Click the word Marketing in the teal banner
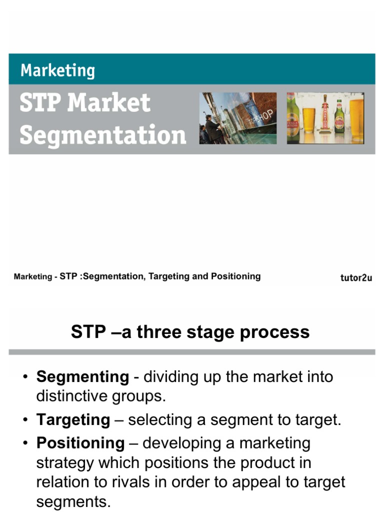(x=57, y=70)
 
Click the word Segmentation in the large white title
(x=103, y=135)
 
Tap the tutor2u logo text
(x=356, y=278)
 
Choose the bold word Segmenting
(x=82, y=376)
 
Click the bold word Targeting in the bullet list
(x=73, y=420)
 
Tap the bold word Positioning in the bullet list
(x=80, y=443)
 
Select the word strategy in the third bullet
(x=65, y=463)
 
